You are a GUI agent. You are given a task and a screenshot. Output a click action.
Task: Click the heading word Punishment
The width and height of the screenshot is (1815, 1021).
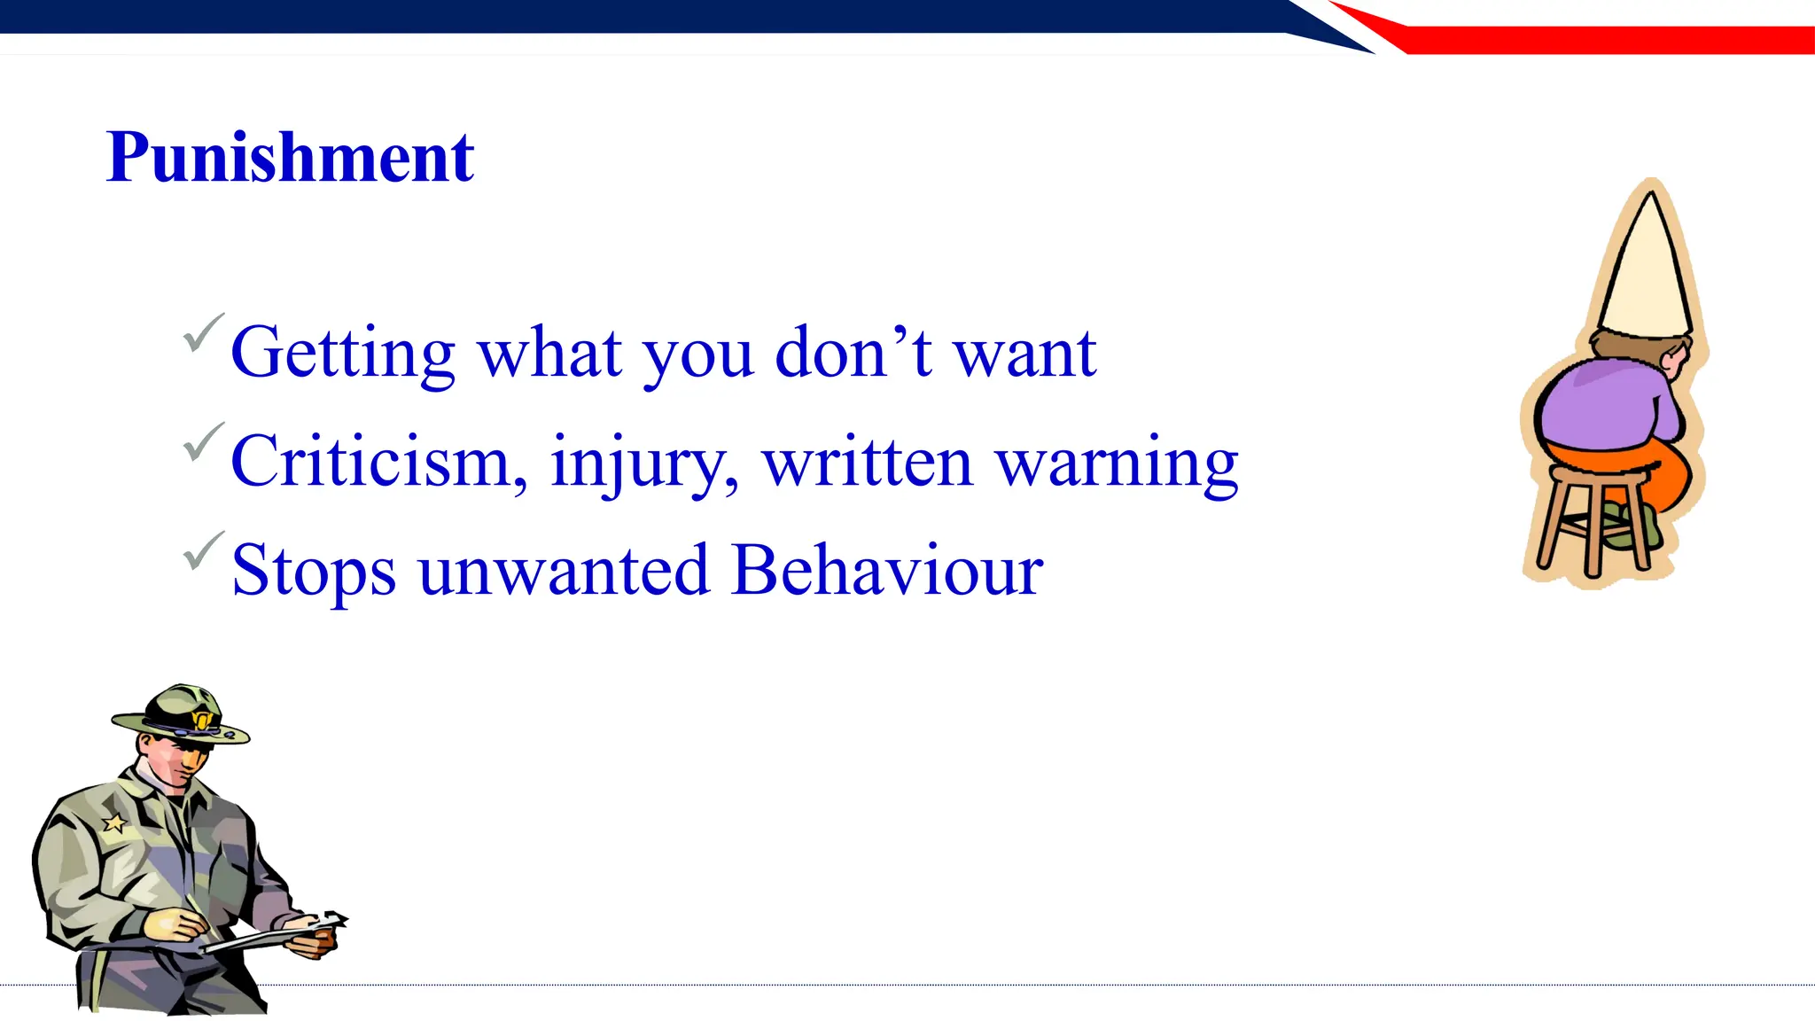click(x=290, y=157)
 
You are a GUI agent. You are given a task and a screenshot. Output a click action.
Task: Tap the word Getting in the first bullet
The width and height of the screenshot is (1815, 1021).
click(x=342, y=354)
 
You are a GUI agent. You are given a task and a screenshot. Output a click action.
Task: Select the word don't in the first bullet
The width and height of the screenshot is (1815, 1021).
click(x=853, y=352)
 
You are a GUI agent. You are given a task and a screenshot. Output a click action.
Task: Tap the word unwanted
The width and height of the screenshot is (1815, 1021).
click(x=564, y=571)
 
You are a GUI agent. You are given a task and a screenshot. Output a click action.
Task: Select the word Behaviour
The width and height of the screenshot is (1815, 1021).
click(x=887, y=570)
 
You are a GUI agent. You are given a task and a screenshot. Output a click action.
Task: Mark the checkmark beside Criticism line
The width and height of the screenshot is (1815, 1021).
click(x=202, y=442)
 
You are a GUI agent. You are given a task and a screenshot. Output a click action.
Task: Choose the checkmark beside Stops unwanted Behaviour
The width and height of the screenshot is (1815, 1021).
click(x=202, y=551)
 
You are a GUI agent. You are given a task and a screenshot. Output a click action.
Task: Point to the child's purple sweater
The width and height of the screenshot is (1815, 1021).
click(x=1604, y=403)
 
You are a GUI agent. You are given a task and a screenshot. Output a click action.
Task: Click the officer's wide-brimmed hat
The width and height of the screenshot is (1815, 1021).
click(x=182, y=713)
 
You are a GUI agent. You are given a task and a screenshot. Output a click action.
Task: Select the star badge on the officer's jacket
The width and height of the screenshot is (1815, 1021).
click(x=114, y=823)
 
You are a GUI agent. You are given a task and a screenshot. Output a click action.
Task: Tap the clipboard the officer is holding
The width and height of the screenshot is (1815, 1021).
click(x=266, y=935)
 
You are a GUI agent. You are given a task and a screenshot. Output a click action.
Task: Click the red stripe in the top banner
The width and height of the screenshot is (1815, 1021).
click(x=1604, y=40)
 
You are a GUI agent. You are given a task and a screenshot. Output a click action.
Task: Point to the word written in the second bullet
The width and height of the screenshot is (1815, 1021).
click(x=868, y=463)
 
